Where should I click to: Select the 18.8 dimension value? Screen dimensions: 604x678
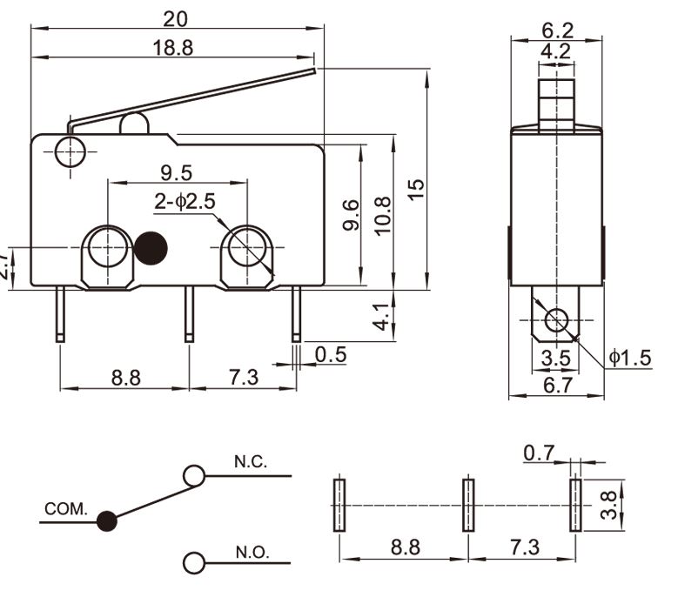(x=173, y=48)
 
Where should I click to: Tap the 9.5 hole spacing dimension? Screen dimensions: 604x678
(x=176, y=172)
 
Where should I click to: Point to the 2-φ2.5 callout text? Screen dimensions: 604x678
(x=185, y=202)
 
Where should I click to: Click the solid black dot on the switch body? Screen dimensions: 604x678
(x=151, y=249)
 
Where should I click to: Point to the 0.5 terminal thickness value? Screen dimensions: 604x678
(x=331, y=354)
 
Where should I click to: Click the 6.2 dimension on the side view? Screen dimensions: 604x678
(x=556, y=27)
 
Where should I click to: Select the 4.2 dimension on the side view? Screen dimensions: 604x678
(x=556, y=51)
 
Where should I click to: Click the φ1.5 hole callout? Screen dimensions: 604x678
(x=630, y=358)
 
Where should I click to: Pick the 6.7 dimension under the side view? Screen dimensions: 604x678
(x=556, y=386)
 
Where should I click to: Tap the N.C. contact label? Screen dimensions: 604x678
(x=251, y=461)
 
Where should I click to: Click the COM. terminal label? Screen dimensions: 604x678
(x=66, y=508)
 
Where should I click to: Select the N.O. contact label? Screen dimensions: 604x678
(x=252, y=553)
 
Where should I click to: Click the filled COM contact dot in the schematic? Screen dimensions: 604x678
(x=107, y=521)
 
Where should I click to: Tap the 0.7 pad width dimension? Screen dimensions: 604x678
(x=540, y=452)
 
